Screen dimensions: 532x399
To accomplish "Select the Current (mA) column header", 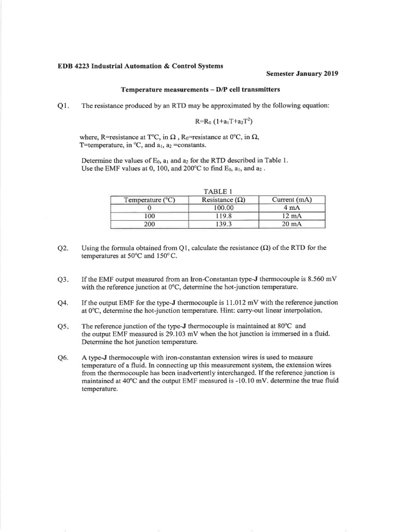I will [x=291, y=199].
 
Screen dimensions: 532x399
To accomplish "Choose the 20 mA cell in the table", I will [x=291, y=224].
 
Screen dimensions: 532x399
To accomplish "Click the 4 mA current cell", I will [x=291, y=208].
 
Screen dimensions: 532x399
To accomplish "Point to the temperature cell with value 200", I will [x=149, y=224].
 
